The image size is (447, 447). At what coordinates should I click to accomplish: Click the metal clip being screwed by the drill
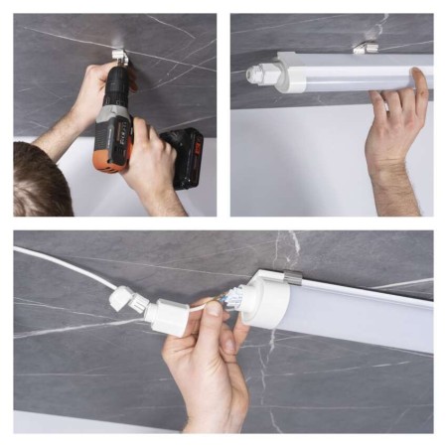click(119, 55)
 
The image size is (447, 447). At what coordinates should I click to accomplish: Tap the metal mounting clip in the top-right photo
click(366, 47)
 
